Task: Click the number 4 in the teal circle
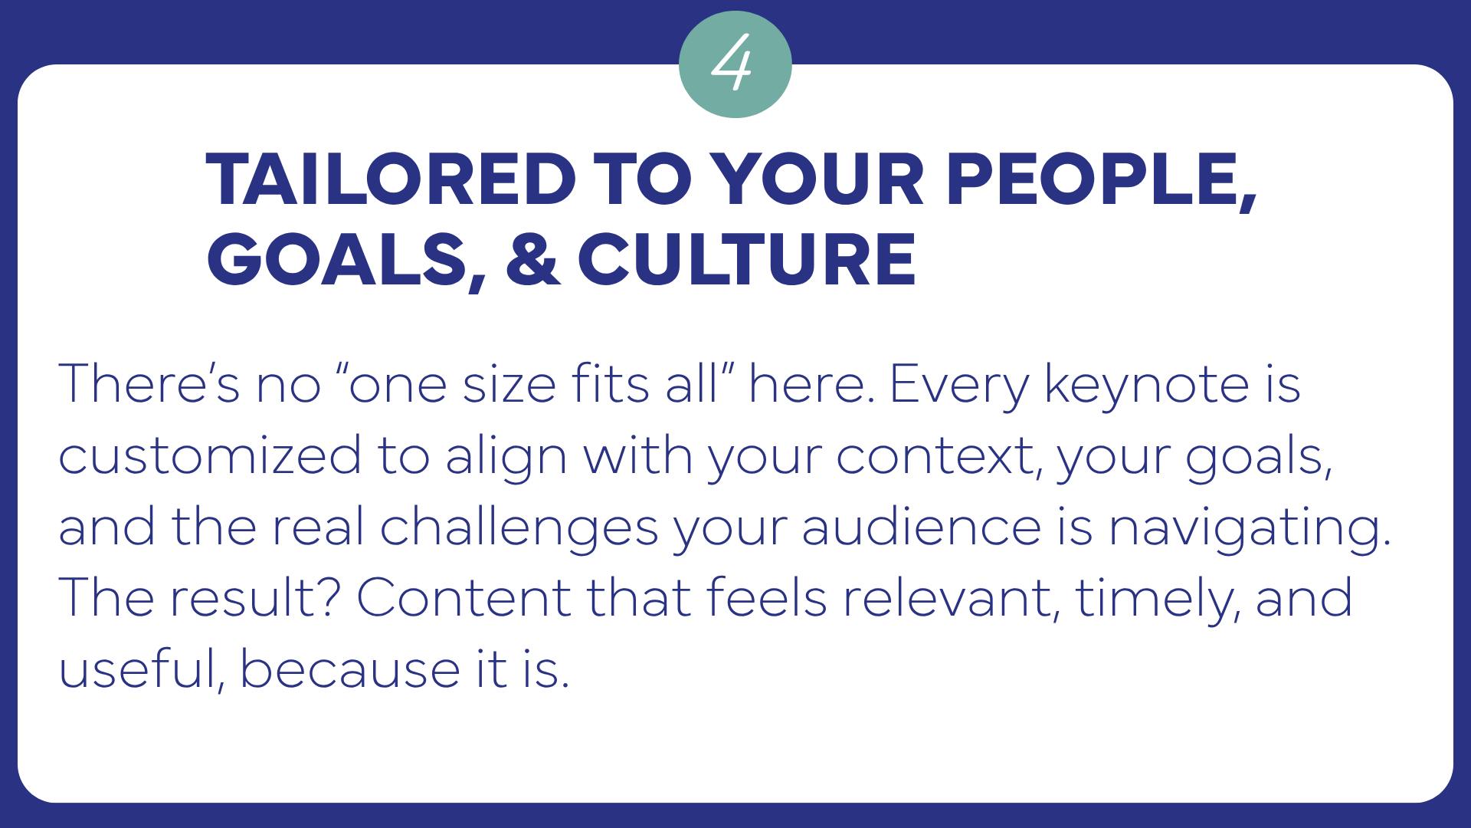tap(732, 63)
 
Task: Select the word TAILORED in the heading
tap(391, 180)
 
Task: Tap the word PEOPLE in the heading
tap(1100, 182)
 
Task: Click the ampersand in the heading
tap(532, 260)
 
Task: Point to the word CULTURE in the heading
tap(747, 260)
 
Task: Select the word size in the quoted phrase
tap(509, 383)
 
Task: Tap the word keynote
tap(1147, 383)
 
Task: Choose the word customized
tap(210, 456)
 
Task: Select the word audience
tap(922, 527)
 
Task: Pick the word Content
tap(464, 598)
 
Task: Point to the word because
tap(350, 668)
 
